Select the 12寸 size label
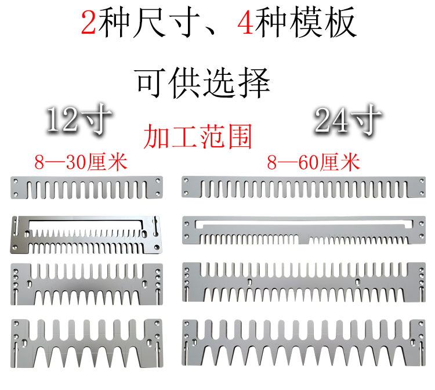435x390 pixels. coord(79,121)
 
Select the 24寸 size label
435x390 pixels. coord(347,121)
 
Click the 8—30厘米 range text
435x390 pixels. coord(81,161)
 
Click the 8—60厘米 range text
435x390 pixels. coord(313,161)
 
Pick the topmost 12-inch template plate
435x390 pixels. coord(86,187)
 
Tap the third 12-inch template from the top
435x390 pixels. coord(86,284)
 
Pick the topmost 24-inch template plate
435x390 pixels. coord(302,187)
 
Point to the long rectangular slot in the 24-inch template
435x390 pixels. coord(302,223)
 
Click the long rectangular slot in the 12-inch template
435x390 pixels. coord(85,224)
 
